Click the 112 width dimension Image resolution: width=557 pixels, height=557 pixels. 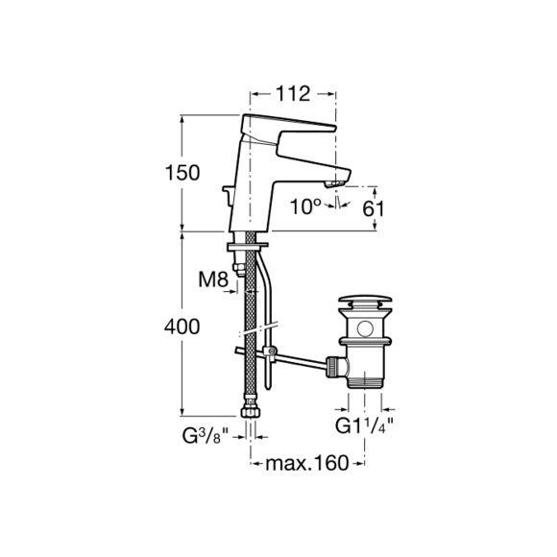coord(293,94)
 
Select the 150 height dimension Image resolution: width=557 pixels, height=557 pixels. coord(182,173)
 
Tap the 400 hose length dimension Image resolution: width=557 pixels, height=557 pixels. coord(182,327)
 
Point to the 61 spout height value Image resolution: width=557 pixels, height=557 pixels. coord(373,209)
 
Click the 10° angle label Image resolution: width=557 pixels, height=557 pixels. coord(305,206)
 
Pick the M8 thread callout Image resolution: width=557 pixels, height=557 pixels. coord(213,279)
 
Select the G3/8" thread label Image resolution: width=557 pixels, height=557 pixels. coord(206,436)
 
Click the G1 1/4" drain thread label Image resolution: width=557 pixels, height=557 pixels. coord(365,426)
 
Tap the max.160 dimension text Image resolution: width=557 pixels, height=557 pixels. coord(307,463)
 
